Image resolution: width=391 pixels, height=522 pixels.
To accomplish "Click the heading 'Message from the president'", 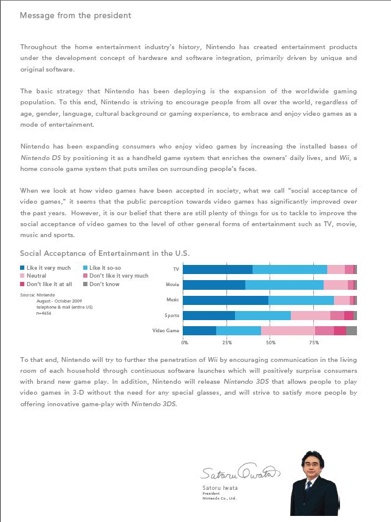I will point(75,15).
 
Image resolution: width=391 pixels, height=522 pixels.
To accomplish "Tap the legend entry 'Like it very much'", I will point(49,267).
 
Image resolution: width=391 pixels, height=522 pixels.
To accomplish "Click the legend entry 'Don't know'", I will point(104,284).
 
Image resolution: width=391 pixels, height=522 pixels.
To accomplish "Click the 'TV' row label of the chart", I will point(176,269).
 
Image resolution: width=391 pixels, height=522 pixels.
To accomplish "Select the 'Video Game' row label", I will point(166,331).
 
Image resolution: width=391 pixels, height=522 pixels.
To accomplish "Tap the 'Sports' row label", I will point(172,316).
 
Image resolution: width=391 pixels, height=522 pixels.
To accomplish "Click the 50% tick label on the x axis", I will point(271,343).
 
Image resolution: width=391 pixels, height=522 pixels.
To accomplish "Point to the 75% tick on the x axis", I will point(314,343).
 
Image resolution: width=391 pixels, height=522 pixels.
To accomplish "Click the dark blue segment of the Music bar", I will point(225,300).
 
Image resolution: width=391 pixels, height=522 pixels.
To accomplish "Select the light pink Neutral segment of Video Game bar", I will point(288,330).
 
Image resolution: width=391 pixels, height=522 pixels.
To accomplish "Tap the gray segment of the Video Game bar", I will point(352,330).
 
